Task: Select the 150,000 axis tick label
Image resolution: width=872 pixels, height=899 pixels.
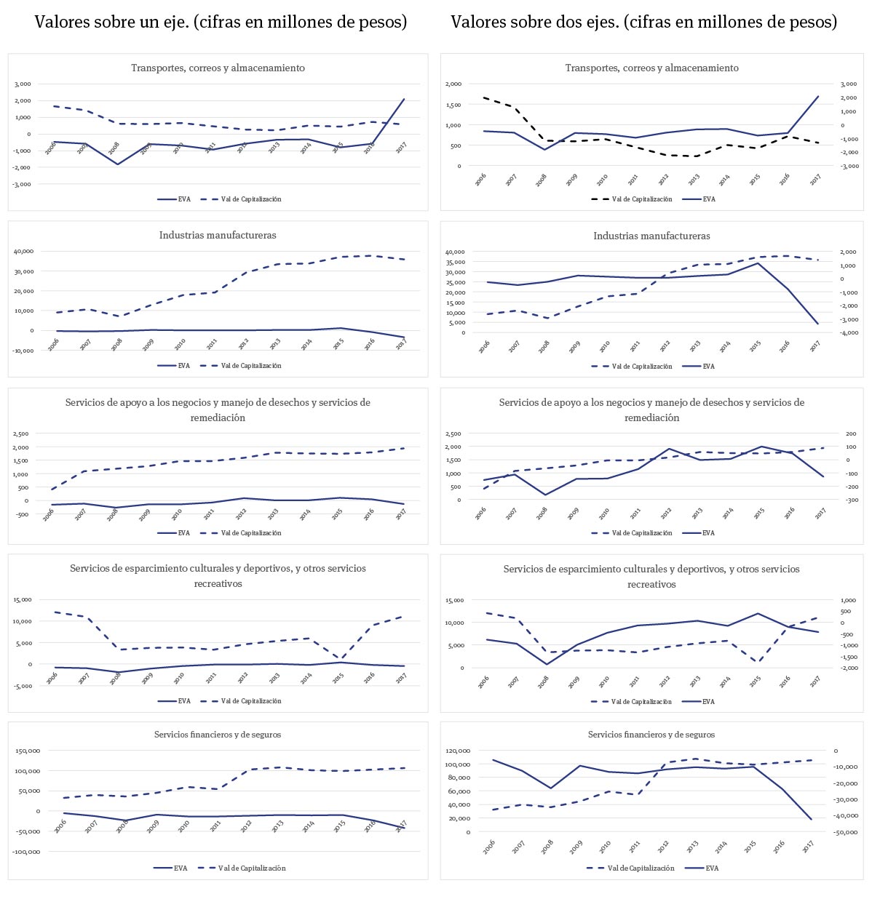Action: (28, 751)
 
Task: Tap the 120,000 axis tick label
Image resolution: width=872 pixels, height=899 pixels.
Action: (458, 751)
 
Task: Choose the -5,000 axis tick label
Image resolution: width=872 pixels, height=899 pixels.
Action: (23, 686)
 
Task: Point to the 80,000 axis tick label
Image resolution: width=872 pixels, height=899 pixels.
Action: (459, 778)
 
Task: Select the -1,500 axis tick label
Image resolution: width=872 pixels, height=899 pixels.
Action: (847, 657)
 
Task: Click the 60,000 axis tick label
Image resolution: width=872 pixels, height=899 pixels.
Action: (459, 791)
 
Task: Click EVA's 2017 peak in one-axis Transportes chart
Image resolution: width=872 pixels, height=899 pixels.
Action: (404, 99)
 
